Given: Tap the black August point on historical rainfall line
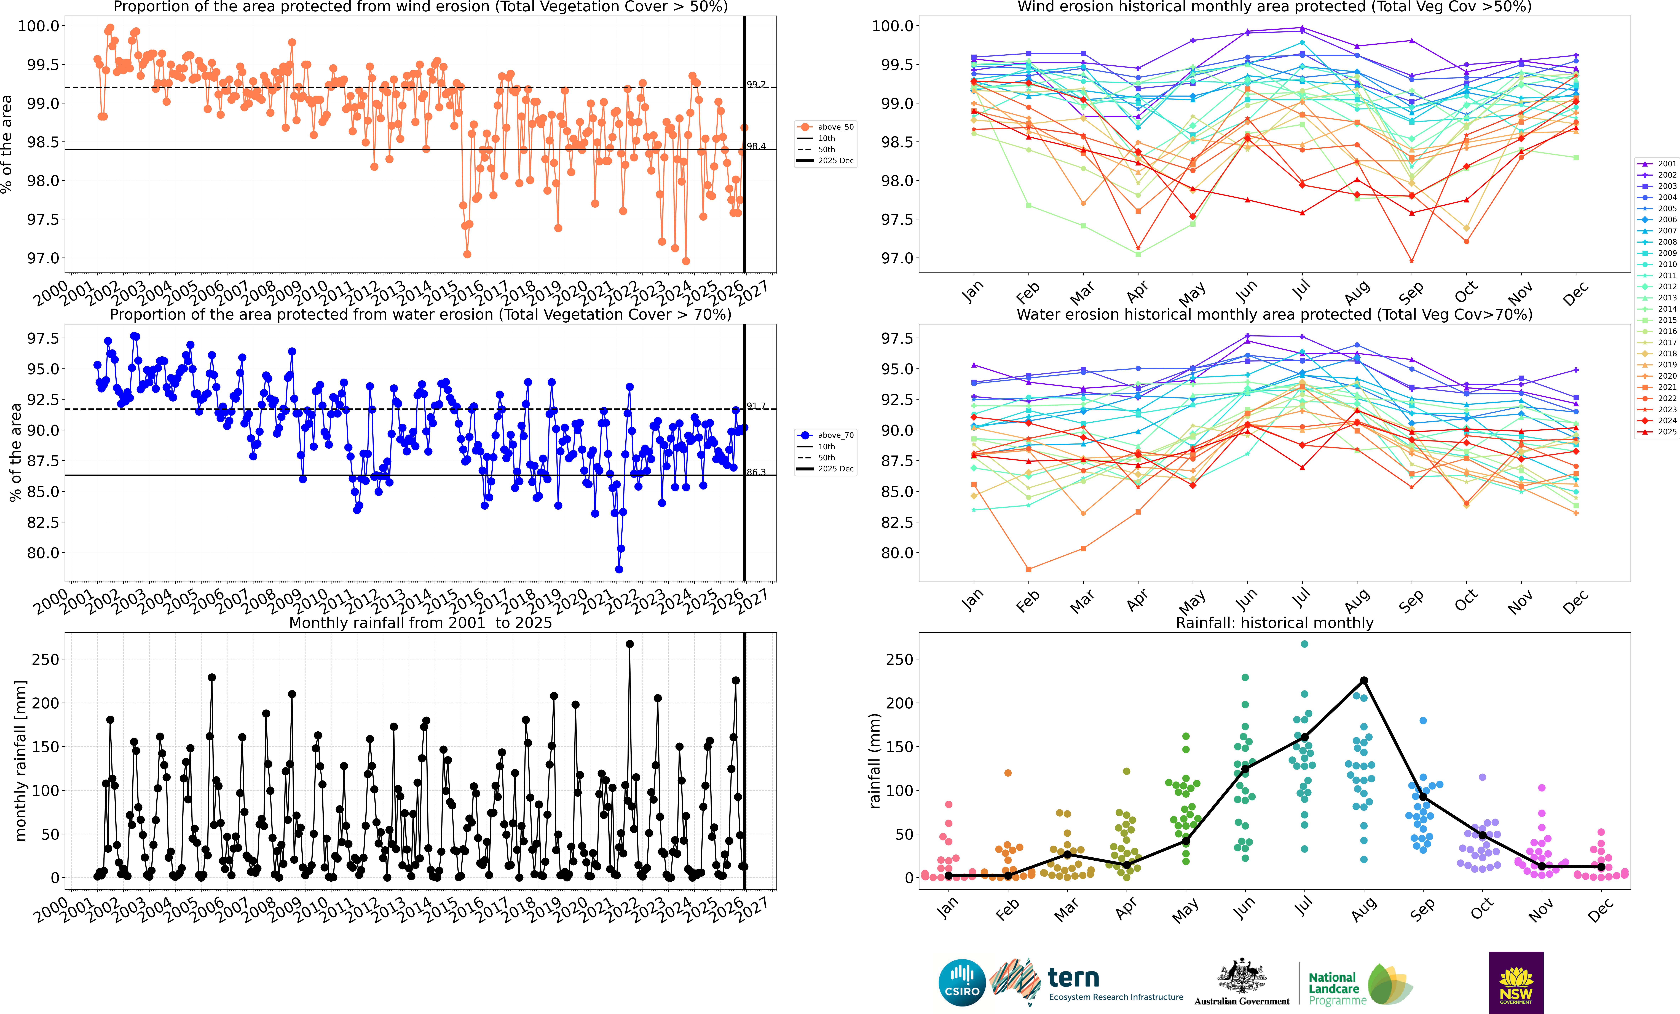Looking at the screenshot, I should pos(1364,681).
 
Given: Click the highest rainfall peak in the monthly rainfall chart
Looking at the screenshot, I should pos(629,644).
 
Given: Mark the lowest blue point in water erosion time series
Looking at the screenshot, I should pos(618,569).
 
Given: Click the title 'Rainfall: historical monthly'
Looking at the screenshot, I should pos(1274,623).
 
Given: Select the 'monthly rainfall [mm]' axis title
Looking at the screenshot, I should pos(20,760).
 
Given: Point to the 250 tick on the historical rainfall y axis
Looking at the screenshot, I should pos(899,659).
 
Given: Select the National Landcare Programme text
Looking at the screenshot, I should pos(1336,989).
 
